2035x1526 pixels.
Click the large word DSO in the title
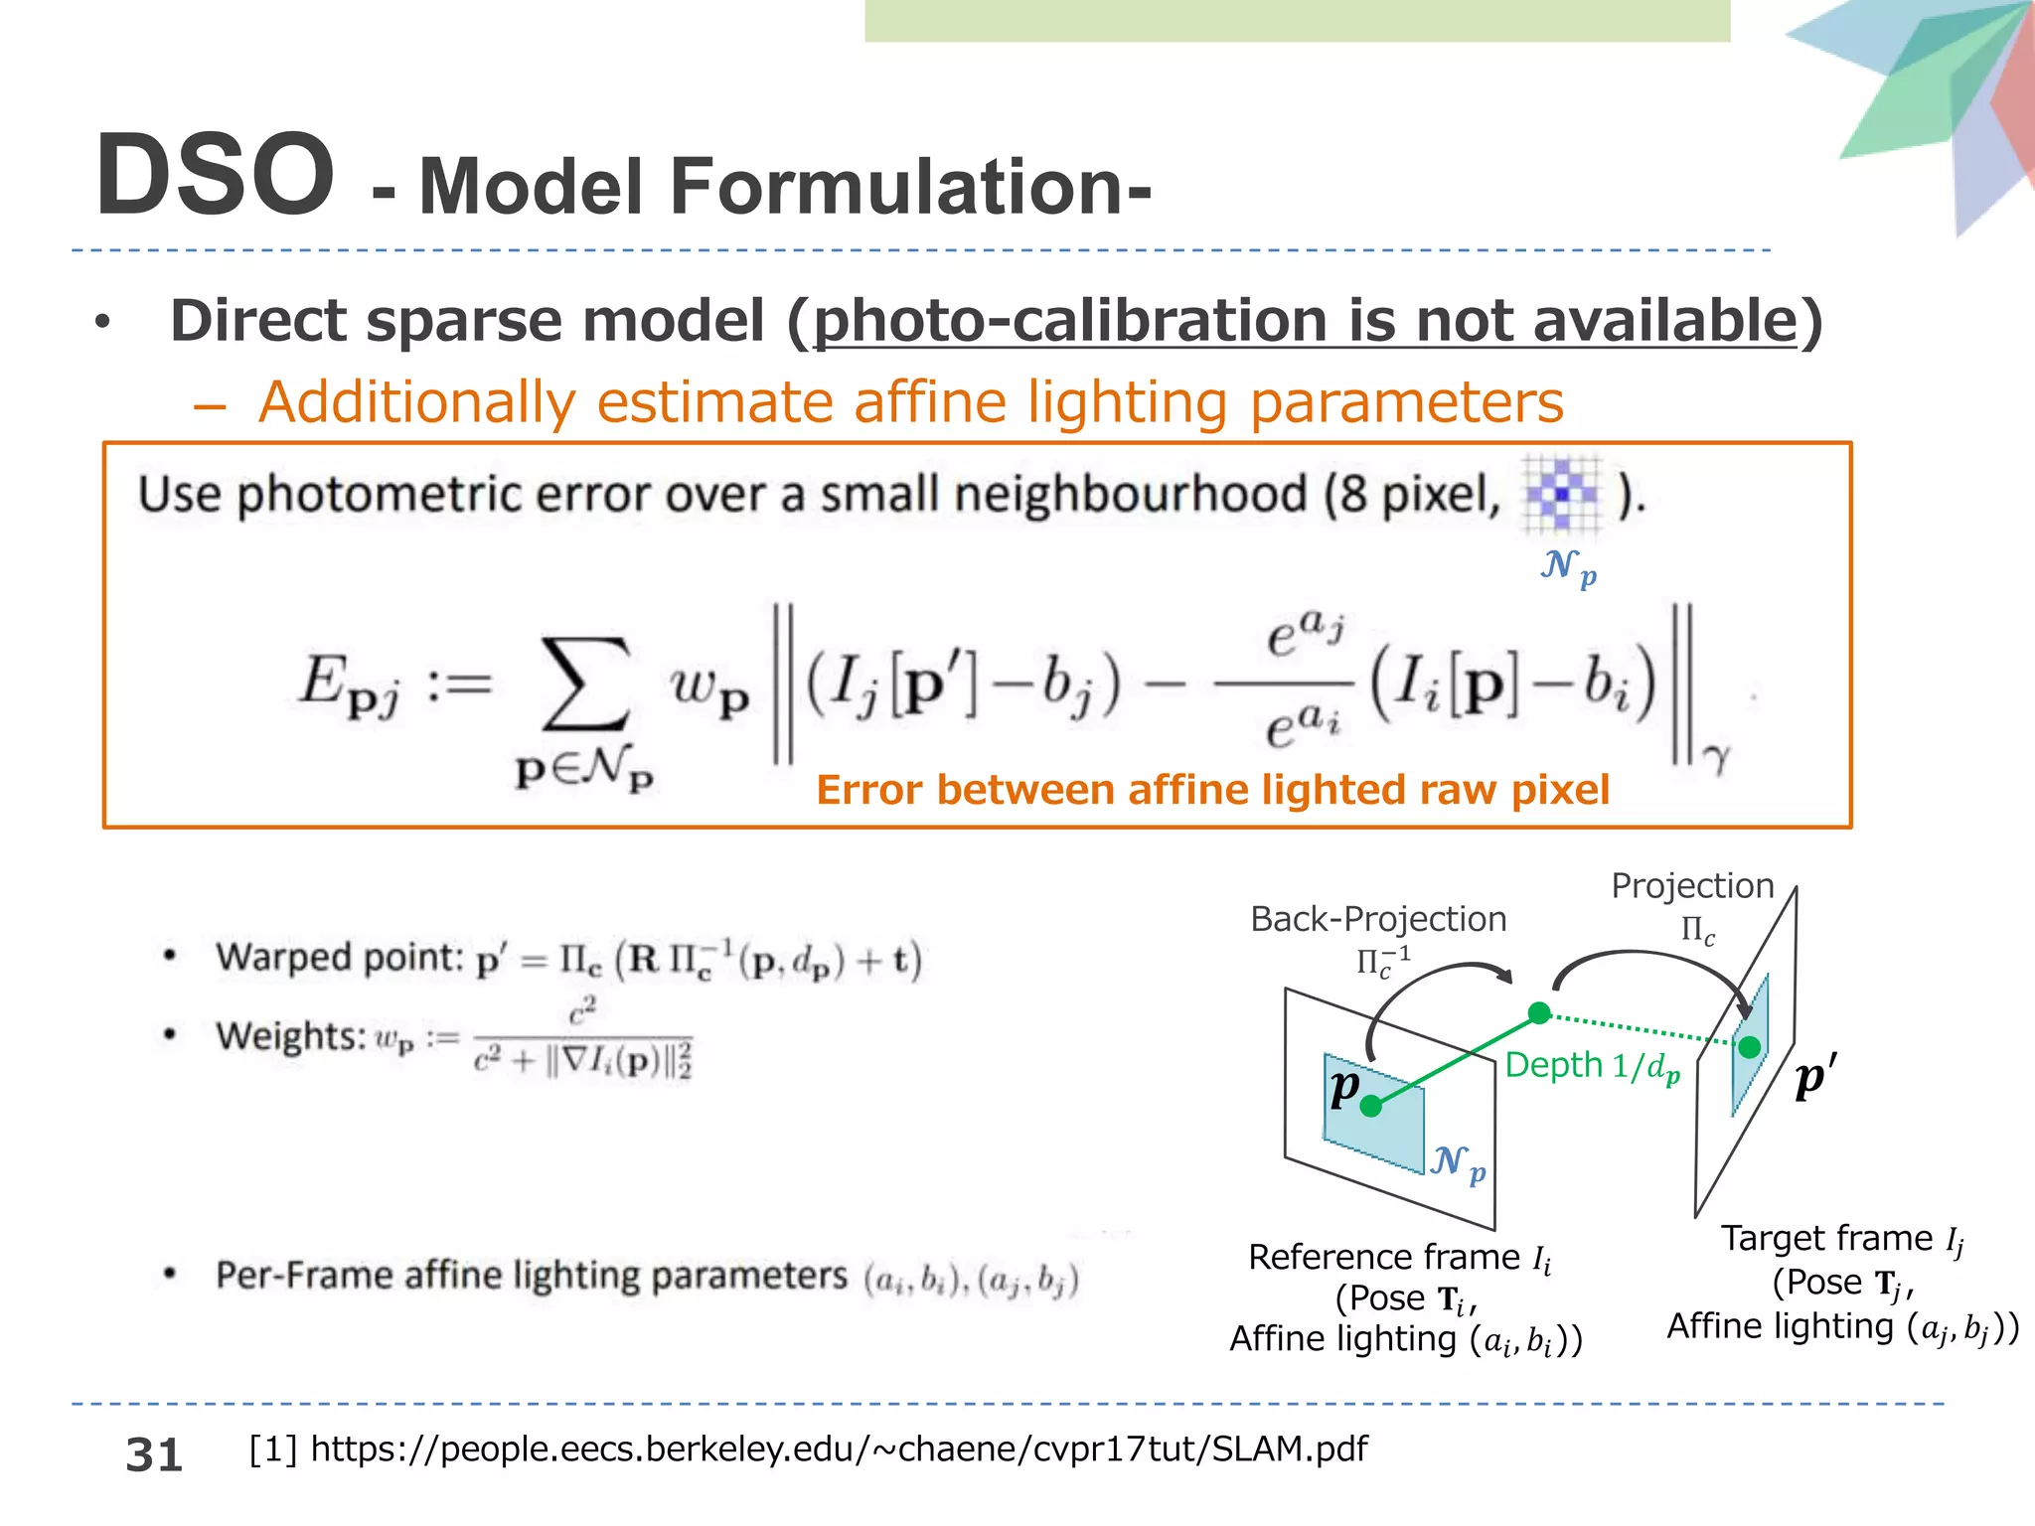coord(215,176)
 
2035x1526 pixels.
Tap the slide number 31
coord(154,1454)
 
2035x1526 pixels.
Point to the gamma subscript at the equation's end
coord(1716,759)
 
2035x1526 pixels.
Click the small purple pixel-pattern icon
coord(1562,493)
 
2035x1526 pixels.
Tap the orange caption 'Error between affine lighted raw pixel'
coord(1212,790)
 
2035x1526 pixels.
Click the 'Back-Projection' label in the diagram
coord(1378,919)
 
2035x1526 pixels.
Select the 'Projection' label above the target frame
coord(1692,885)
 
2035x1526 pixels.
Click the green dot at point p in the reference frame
coord(1371,1106)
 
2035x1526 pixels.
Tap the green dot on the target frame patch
coord(1750,1046)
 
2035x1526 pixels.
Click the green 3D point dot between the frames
coord(1539,1012)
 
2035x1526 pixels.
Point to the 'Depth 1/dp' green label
coord(1592,1066)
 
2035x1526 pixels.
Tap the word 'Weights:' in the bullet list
coord(289,1036)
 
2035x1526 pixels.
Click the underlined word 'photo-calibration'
coord(1069,321)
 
